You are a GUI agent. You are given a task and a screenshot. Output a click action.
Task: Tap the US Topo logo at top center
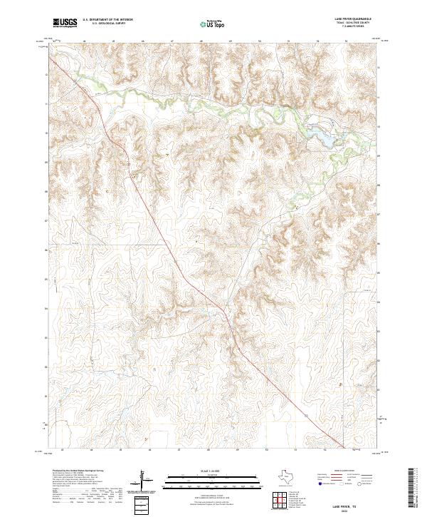[211, 24]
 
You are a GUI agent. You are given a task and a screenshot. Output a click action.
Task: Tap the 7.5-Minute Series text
[346, 29]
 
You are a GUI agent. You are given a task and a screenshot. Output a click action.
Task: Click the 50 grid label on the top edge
[260, 41]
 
